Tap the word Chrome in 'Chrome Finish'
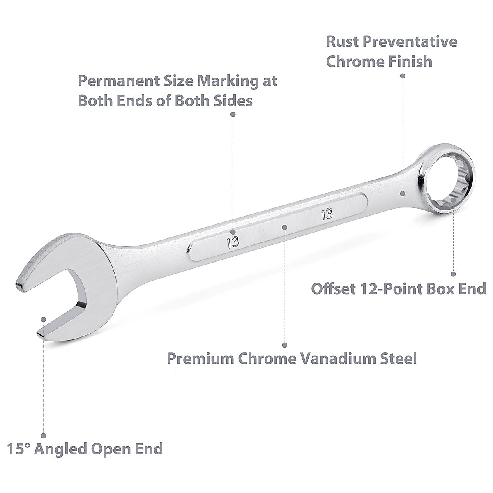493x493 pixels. pyautogui.click(x=355, y=62)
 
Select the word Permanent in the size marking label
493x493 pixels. pyautogui.click(x=118, y=81)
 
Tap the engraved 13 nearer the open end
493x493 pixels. pyautogui.click(x=233, y=241)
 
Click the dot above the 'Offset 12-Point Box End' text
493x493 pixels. pyautogui.click(x=453, y=274)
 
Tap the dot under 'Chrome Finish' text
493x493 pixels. pyautogui.click(x=403, y=76)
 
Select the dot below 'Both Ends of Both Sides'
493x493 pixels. pyautogui.click(x=233, y=114)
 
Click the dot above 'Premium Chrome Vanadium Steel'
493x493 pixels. pyautogui.click(x=285, y=345)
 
